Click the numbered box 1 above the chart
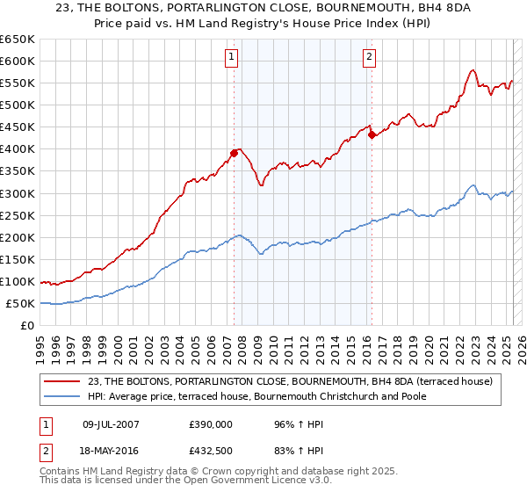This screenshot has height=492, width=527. point(232,57)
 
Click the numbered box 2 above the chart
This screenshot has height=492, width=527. point(369,57)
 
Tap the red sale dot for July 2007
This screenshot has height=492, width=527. point(235,153)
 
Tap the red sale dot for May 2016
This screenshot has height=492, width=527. point(372,134)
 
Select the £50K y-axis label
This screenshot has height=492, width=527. point(21,304)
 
